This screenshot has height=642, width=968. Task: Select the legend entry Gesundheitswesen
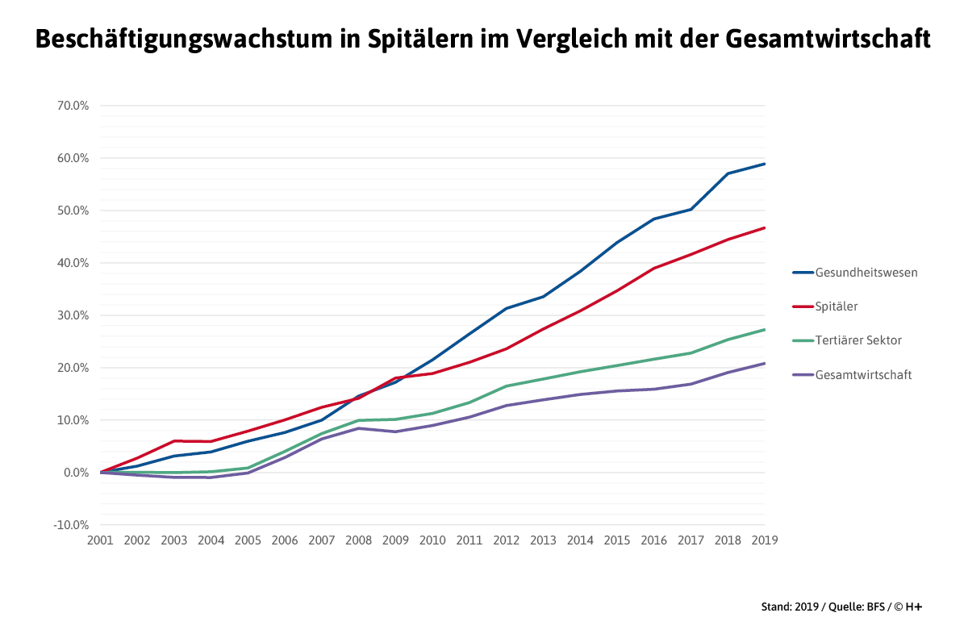pos(866,273)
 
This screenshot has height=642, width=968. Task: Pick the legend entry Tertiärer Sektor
pos(858,340)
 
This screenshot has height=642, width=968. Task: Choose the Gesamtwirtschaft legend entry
pos(863,374)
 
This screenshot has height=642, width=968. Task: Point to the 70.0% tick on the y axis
pos(73,106)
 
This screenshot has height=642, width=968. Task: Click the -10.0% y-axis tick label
pos(71,525)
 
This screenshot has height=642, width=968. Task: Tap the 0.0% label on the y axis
pos(75,473)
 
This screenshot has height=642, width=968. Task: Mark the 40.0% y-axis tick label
pos(73,263)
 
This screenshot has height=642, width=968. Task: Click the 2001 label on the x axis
pos(100,541)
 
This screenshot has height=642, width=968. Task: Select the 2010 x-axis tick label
pos(432,541)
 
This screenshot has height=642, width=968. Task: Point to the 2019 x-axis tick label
pos(764,541)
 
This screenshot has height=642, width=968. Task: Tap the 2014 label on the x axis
pos(580,541)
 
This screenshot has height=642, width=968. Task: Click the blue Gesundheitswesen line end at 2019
pos(764,164)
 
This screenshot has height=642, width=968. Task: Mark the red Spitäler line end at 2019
pos(764,227)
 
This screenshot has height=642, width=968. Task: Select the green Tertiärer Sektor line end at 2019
pos(764,329)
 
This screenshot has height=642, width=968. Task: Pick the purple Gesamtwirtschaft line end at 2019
pos(764,363)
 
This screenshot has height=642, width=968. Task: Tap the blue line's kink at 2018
pos(728,173)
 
